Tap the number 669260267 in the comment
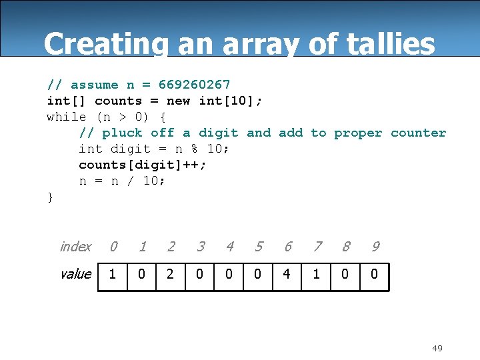[194, 85]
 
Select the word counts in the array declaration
[118, 101]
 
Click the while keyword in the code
[66, 117]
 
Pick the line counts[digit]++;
[143, 165]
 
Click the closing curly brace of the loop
[50, 197]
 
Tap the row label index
[75, 247]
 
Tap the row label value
[75, 274]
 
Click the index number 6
[287, 247]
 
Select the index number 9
[375, 247]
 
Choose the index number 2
[171, 247]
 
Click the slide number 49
[437, 348]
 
